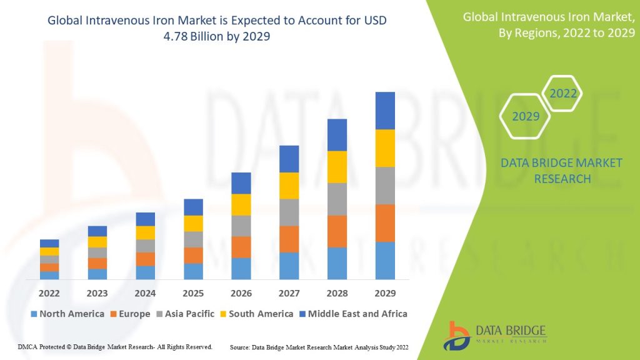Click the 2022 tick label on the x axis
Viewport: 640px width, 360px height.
pos(49,293)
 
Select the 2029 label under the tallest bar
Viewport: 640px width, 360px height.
pos(385,293)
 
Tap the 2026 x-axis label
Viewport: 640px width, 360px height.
pos(241,293)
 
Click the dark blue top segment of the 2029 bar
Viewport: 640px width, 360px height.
pos(385,111)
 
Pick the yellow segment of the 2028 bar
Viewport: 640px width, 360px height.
pos(337,167)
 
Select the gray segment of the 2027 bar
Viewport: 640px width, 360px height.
pos(289,212)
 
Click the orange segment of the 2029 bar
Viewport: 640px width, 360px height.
pos(385,223)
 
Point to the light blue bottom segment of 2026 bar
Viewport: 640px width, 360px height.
pos(241,269)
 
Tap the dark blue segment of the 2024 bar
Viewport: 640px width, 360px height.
pos(146,219)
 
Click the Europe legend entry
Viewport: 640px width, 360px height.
pos(131,314)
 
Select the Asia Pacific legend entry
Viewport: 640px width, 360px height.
pos(184,314)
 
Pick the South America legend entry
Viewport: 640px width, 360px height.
pos(256,314)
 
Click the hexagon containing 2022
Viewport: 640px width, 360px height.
pos(562,95)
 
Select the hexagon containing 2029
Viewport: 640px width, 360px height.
pos(526,116)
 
